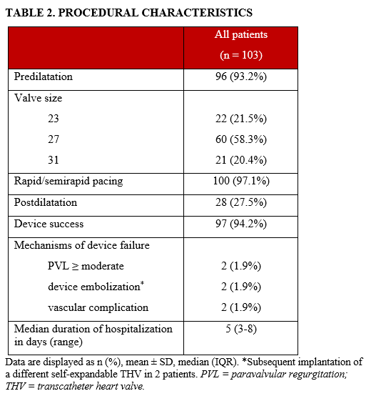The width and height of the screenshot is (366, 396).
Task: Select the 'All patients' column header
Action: coord(241,35)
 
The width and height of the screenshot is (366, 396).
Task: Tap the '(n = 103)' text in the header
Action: coord(241,55)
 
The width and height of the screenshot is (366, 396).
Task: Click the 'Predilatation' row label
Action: coord(44,76)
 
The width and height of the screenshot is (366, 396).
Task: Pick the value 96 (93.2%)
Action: coord(241,76)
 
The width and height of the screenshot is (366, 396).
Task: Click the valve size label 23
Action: coord(54,117)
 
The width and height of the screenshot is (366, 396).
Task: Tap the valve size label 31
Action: coord(54,159)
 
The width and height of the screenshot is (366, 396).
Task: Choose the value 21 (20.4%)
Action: coord(241,159)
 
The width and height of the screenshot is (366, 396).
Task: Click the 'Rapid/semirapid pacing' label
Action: coord(68,181)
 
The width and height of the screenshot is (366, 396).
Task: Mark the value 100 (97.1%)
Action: coord(241,181)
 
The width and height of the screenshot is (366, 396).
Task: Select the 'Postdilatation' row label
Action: coord(46,202)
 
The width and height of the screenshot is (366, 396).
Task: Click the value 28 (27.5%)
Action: coord(241,202)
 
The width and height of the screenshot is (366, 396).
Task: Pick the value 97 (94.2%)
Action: coord(241,224)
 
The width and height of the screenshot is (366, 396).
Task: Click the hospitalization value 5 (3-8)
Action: coord(241,330)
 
